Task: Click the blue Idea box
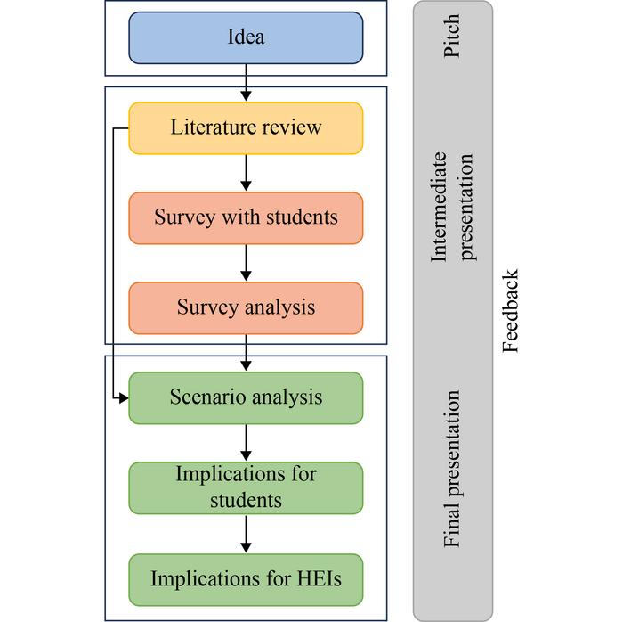tap(246, 37)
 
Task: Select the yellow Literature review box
tap(246, 127)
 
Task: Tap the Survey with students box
tap(246, 217)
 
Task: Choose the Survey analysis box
tap(246, 307)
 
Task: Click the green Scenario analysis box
tap(246, 397)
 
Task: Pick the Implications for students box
tap(246, 487)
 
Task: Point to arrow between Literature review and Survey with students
tap(246, 173)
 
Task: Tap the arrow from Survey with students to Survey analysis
tap(246, 263)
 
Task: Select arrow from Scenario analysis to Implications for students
tap(246, 443)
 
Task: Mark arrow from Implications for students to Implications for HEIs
tap(246, 533)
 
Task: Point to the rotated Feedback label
tap(511, 311)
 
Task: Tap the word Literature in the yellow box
tap(209, 127)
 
